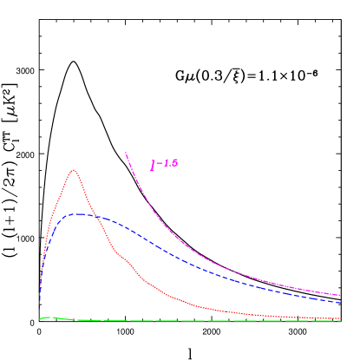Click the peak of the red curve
[74, 170]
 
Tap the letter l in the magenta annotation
[153, 165]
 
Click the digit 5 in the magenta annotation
[174, 163]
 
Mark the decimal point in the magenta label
[169, 166]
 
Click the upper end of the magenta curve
[126, 153]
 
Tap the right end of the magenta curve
[339, 295]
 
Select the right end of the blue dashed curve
[339, 303]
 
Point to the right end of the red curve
[339, 318]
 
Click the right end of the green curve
[339, 321]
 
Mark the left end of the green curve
[39, 319]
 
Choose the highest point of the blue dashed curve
[79, 213]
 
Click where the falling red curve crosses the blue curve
[97, 217]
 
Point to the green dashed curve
[173, 321]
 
